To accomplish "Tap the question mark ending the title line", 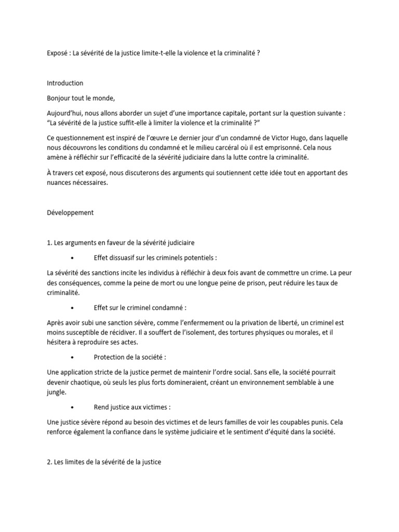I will click(x=259, y=54).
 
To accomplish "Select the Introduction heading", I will click(x=65, y=83).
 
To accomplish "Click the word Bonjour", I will click(x=59, y=98).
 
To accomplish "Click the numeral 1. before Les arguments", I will click(x=49, y=243).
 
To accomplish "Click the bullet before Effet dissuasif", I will click(x=71, y=258).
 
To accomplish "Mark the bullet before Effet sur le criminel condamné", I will click(x=71, y=308).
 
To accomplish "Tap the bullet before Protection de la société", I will click(x=71, y=357).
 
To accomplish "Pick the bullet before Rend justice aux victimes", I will click(x=71, y=407).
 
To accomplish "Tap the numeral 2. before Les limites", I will click(x=49, y=461).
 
